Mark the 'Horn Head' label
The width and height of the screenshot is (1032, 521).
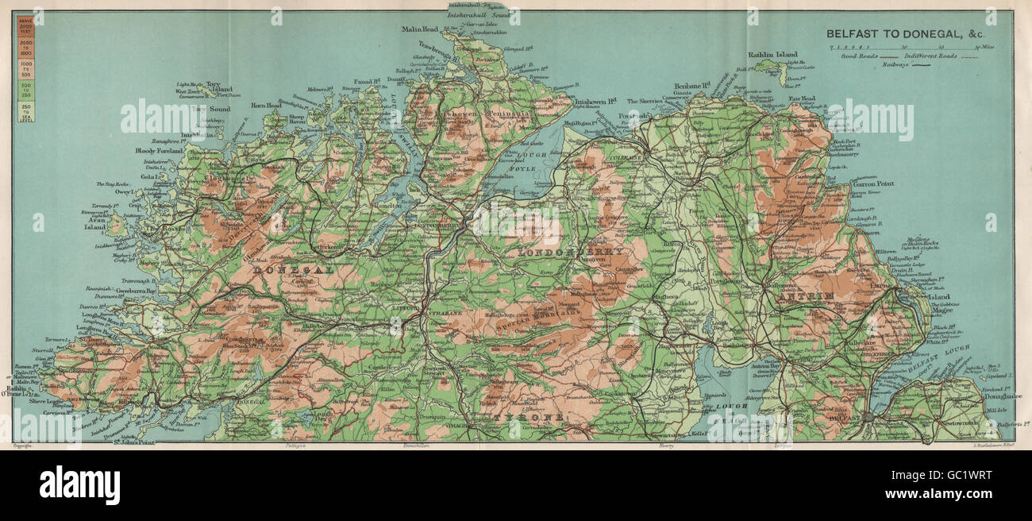click(268, 105)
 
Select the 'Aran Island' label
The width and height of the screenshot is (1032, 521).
click(95, 222)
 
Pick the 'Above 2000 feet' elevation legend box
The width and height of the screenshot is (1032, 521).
click(26, 24)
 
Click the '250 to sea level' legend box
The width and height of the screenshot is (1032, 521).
click(26, 111)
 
